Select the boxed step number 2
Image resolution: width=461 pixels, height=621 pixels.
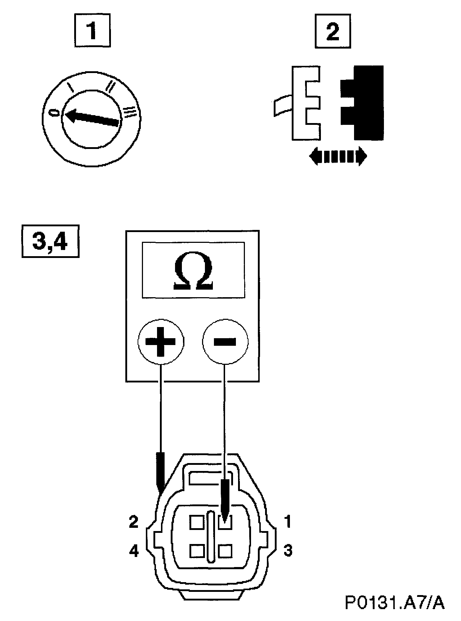(x=332, y=32)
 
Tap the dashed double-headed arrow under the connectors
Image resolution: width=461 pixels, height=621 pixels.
(x=338, y=157)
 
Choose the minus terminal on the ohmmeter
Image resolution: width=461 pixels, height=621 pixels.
(x=225, y=341)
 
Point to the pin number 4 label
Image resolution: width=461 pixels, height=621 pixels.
(x=134, y=551)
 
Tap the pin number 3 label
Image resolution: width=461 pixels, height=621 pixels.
(x=287, y=551)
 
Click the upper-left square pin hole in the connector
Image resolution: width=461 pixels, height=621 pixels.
(x=197, y=522)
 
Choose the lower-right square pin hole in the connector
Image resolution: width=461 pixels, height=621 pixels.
(x=225, y=551)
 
